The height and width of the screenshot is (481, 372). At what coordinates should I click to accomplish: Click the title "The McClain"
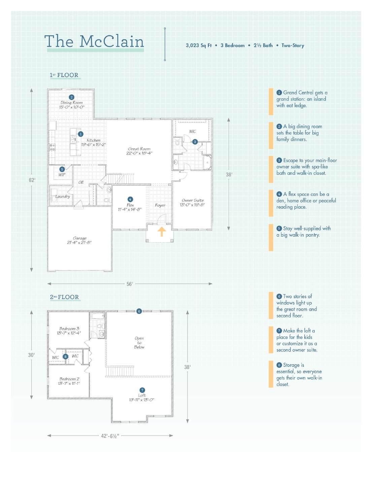[94, 41]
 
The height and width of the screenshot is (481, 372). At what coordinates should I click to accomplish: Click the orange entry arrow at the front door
[162, 231]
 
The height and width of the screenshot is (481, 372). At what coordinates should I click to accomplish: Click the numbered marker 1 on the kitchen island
[80, 134]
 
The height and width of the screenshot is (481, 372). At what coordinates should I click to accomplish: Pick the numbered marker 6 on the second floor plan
[139, 311]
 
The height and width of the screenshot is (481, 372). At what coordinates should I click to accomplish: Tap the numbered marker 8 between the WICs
[65, 357]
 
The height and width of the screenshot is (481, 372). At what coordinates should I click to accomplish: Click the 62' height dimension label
[32, 180]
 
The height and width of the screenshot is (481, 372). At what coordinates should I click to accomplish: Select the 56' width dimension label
[130, 284]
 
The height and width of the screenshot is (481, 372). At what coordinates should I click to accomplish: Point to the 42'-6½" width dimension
[110, 436]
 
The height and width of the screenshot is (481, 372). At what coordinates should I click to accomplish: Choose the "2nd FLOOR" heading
[64, 297]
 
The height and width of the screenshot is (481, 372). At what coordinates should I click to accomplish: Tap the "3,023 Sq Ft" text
[199, 45]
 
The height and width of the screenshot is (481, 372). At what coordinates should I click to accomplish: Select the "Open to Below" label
[139, 342]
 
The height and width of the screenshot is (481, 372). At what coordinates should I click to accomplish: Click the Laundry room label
[63, 196]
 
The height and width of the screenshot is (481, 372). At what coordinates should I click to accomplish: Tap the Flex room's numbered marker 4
[130, 199]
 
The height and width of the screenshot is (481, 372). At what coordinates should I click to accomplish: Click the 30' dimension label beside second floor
[32, 355]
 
